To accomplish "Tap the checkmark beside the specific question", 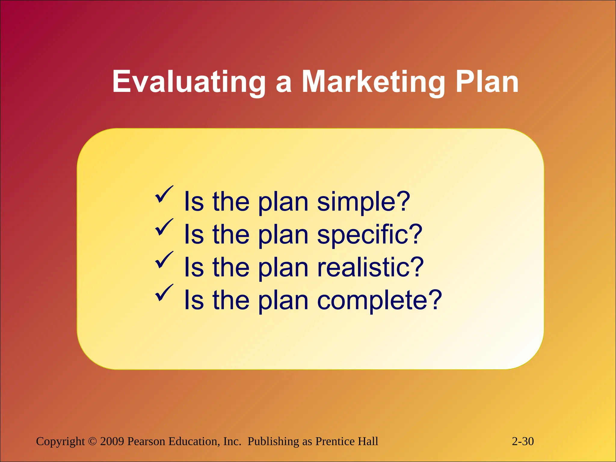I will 164,228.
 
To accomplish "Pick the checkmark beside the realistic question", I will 164,260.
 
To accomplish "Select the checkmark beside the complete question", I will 164,293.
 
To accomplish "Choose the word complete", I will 372,300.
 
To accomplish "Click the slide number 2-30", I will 523,441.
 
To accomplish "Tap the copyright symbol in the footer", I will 92,442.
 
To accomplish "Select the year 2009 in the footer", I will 112,441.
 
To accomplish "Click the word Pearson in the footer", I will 146,441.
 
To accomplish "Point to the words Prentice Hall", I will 346,441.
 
